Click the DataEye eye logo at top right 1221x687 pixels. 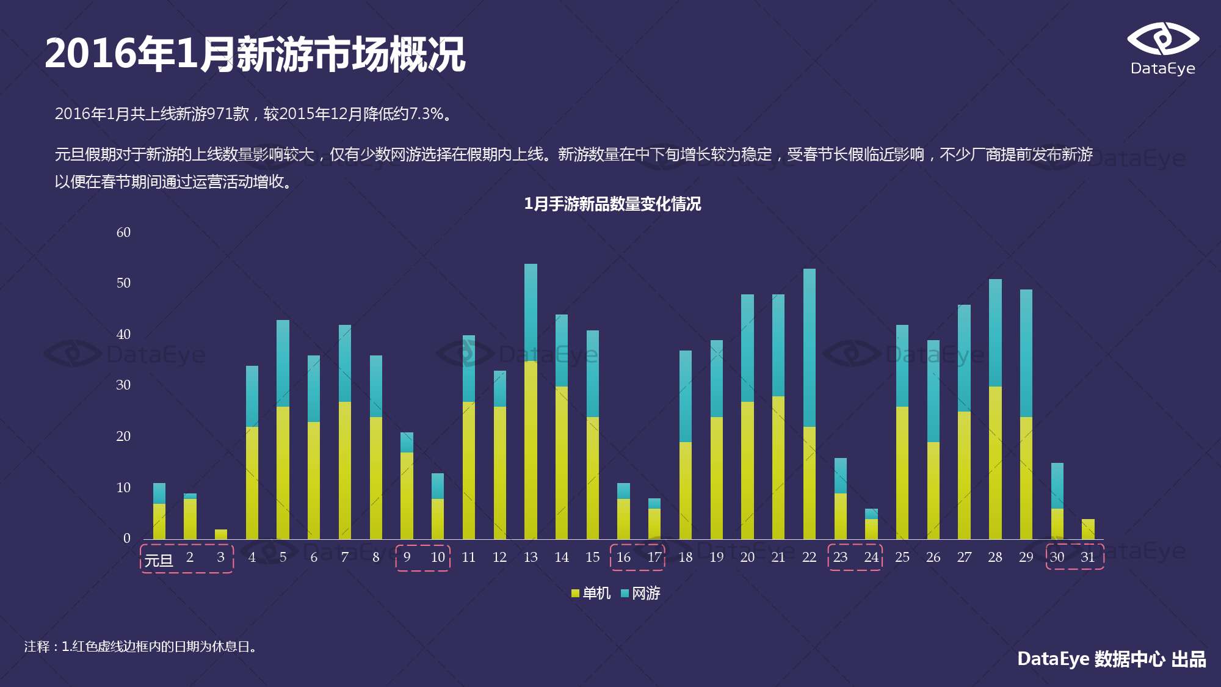click(1162, 40)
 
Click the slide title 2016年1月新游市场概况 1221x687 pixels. click(255, 54)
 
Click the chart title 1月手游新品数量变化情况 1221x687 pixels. click(612, 204)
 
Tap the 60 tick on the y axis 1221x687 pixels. click(123, 233)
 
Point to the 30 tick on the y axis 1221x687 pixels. click(123, 385)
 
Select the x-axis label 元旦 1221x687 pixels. click(159, 560)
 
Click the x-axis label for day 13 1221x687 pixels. click(531, 557)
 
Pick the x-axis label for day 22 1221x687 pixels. click(809, 557)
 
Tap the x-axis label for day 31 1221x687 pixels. click(1088, 557)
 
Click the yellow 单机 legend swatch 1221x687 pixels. click(575, 593)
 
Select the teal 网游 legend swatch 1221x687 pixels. click(625, 593)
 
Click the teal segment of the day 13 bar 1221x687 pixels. click(531, 312)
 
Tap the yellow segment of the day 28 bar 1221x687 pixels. click(995, 462)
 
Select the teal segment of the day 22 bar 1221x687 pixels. click(809, 347)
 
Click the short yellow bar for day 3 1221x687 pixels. click(221, 534)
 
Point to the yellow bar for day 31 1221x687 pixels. click(1088, 529)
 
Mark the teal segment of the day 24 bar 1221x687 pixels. click(871, 514)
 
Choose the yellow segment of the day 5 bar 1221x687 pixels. click(283, 473)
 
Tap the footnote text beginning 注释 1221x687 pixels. click(142, 646)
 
